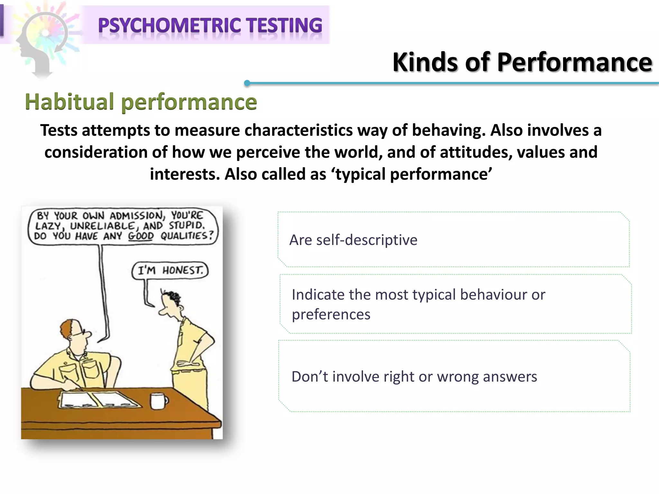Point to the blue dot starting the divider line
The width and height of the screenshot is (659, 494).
click(x=247, y=83)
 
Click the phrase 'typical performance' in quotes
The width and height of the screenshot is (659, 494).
click(x=413, y=174)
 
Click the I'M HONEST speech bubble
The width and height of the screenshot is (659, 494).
click(x=170, y=270)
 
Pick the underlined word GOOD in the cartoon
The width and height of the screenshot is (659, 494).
click(x=141, y=236)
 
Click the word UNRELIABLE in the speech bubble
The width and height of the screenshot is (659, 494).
click(x=102, y=226)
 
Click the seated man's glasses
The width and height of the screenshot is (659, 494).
click(x=80, y=333)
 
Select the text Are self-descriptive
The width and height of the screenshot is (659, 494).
click(x=353, y=240)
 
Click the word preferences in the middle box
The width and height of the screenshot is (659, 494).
click(x=331, y=314)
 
